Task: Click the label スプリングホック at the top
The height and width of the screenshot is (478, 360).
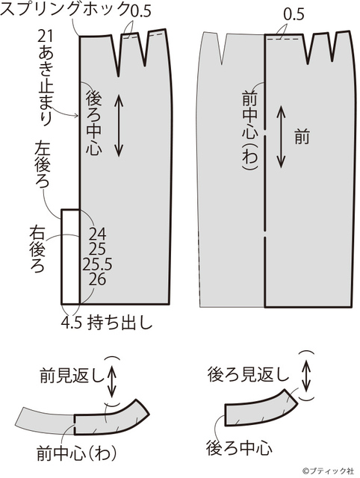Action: [x=65, y=9]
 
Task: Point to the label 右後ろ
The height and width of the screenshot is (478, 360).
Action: [x=37, y=249]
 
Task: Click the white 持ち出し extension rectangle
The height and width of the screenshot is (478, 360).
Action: [x=71, y=257]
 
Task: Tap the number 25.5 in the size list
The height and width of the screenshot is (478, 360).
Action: [x=98, y=264]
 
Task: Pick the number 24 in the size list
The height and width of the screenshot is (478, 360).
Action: [x=98, y=234]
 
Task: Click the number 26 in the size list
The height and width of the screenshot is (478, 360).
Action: [x=98, y=279]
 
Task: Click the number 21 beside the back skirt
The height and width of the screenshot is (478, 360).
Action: [x=46, y=36]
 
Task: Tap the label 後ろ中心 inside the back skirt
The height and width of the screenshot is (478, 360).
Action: [x=94, y=122]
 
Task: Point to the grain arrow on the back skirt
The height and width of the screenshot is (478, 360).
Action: [x=119, y=125]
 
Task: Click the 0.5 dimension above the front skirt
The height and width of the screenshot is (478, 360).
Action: [x=294, y=15]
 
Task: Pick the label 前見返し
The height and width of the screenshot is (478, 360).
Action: [x=72, y=376]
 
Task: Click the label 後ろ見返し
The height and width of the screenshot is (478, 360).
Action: [x=248, y=374]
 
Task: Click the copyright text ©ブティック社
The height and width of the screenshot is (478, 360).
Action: [x=329, y=471]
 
